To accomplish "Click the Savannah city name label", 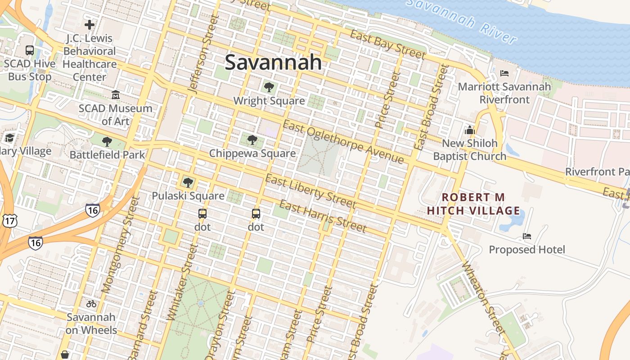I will tap(273, 62).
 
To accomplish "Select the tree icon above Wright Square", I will tap(269, 87).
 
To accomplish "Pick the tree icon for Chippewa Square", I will tap(252, 140).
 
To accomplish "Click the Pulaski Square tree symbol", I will tap(188, 182).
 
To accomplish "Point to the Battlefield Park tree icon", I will tap(107, 142).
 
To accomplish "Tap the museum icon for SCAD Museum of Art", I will tap(116, 95).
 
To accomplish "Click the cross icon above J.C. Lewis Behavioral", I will tap(90, 25).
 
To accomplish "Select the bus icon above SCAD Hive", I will tap(30, 50).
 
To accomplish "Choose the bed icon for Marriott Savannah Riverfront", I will tap(504, 73).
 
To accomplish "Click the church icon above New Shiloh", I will tap(470, 130).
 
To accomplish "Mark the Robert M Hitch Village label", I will tap(473, 204).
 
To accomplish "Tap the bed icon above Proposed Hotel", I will tap(527, 236).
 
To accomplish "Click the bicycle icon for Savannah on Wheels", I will tap(91, 304).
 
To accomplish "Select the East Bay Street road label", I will tap(387, 45).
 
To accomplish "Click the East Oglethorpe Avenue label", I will tap(344, 143).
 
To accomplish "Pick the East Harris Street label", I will tap(322, 217).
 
